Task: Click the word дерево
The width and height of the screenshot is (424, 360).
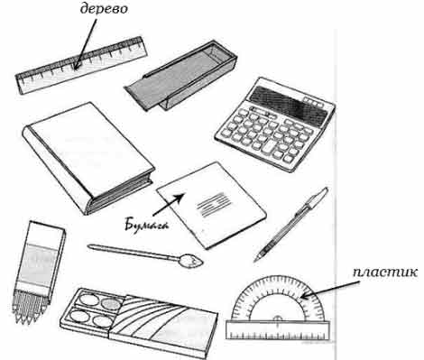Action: pyautogui.click(x=105, y=9)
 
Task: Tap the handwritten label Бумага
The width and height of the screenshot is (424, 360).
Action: pyautogui.click(x=146, y=226)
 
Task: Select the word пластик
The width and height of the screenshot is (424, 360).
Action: pyautogui.click(x=385, y=272)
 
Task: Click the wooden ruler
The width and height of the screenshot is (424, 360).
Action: pyautogui.click(x=82, y=65)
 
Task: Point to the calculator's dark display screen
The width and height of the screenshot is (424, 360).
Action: pyautogui.click(x=288, y=105)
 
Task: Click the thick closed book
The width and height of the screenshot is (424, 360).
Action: pyautogui.click(x=88, y=157)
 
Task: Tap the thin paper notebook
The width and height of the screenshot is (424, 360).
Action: pyautogui.click(x=211, y=206)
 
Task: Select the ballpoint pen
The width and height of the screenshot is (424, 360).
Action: pyautogui.click(x=291, y=225)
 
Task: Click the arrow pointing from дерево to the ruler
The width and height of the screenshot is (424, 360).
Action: pyautogui.click(x=86, y=44)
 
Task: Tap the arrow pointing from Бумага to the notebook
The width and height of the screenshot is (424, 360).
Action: pyautogui.click(x=169, y=205)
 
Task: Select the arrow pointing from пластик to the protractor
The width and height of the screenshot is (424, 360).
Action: pyautogui.click(x=330, y=290)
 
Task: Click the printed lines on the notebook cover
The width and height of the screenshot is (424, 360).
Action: pyautogui.click(x=214, y=204)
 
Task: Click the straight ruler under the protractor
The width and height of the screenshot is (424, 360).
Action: pyautogui.click(x=278, y=330)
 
